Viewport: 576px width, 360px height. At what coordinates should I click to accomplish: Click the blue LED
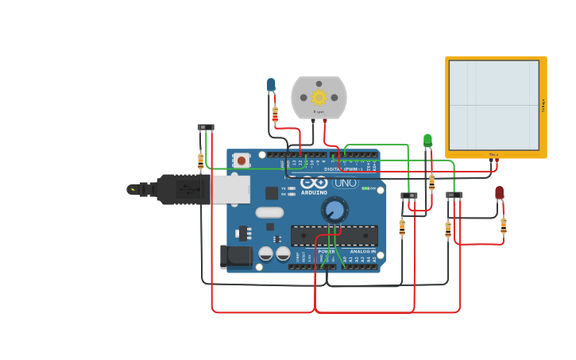(x=271, y=84)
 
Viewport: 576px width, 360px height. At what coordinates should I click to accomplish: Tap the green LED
(x=427, y=141)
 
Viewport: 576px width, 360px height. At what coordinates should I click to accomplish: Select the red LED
(x=499, y=192)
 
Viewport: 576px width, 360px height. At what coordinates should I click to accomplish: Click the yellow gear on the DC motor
(x=319, y=97)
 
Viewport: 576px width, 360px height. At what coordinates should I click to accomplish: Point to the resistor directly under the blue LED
(x=275, y=114)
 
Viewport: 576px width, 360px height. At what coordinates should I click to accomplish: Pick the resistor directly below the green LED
(x=431, y=182)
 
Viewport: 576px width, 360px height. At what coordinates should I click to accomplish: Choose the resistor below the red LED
(x=503, y=226)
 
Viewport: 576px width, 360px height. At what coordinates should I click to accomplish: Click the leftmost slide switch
(x=206, y=127)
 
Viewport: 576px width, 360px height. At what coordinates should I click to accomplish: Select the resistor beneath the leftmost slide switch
(x=200, y=161)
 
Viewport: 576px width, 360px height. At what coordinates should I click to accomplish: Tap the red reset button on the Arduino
(x=242, y=161)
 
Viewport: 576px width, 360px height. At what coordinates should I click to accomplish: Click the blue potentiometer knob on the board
(x=334, y=210)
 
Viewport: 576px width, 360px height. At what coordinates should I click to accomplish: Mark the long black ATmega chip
(x=334, y=235)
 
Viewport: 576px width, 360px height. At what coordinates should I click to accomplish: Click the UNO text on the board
(x=345, y=183)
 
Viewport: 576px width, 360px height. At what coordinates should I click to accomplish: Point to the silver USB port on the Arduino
(x=230, y=189)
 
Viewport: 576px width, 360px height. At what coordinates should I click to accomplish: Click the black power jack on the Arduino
(x=235, y=256)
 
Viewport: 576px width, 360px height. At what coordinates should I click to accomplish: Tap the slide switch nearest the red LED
(x=454, y=195)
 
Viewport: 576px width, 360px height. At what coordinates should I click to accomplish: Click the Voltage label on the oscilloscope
(x=543, y=105)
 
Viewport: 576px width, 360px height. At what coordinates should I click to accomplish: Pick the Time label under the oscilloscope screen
(x=493, y=155)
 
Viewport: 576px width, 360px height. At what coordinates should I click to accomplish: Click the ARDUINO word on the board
(x=315, y=192)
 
